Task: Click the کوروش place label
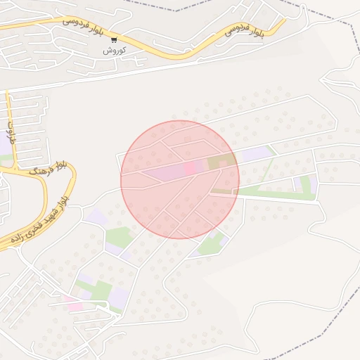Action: pos(113,51)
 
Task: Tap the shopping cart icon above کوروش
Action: pos(114,39)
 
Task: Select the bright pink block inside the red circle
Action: pos(191,168)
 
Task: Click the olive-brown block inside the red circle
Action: pos(222,162)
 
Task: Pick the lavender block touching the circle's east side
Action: pos(255,154)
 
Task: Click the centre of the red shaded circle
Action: pos(180,180)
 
